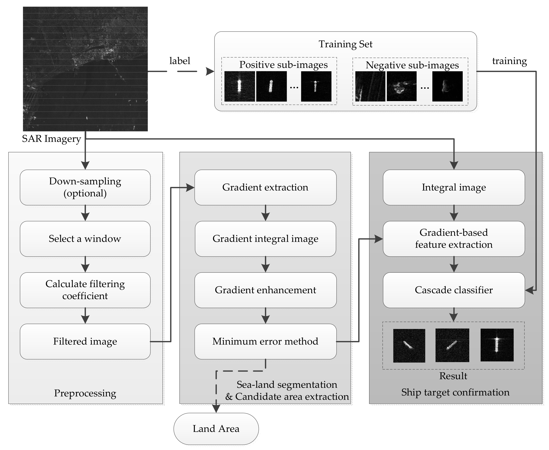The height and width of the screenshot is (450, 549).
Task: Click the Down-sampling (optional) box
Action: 85,187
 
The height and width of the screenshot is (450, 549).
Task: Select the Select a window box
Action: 85,238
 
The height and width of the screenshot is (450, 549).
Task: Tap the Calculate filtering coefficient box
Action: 85,290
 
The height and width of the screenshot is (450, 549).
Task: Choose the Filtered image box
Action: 85,341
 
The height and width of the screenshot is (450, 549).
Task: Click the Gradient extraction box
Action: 265,187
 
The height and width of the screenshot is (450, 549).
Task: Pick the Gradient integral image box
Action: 265,238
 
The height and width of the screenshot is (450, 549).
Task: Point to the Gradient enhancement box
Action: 265,290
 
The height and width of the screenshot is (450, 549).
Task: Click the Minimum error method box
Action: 265,341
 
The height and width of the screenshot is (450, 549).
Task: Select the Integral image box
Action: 453,187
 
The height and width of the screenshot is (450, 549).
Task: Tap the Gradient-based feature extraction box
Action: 453,238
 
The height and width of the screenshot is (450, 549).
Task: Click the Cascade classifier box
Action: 453,290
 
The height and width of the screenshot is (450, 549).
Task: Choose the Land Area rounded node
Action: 216,429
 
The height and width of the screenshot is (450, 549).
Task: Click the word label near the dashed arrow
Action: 180,61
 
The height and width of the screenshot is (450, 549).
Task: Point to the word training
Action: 509,61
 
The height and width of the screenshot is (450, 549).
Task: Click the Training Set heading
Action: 345,44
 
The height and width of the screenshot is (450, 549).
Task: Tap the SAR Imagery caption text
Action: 51,139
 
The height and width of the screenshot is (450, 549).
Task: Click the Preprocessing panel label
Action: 85,393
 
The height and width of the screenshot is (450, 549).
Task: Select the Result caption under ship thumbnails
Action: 453,376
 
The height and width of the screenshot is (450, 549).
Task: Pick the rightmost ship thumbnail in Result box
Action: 497,345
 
